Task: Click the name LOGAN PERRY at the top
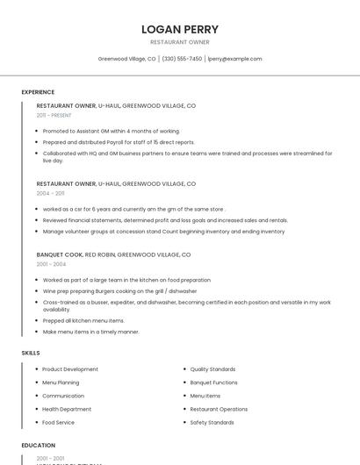click(180, 29)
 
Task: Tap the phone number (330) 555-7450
click(182, 59)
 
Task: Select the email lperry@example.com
click(234, 59)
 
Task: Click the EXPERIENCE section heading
click(38, 92)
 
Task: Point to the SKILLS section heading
click(31, 353)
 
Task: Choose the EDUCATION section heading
click(39, 446)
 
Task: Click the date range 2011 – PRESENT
click(54, 115)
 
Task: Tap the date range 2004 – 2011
click(50, 193)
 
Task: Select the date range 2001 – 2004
click(51, 264)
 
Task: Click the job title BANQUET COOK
click(60, 254)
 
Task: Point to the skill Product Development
click(70, 369)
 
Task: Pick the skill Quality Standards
click(212, 369)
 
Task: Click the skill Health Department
click(67, 409)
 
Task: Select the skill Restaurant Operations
click(219, 409)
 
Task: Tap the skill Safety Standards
click(212, 422)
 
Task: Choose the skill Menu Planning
click(61, 383)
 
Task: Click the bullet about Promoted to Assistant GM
click(111, 131)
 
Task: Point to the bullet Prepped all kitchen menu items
click(83, 321)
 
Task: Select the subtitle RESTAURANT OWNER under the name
click(180, 42)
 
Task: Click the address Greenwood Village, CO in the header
click(126, 59)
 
